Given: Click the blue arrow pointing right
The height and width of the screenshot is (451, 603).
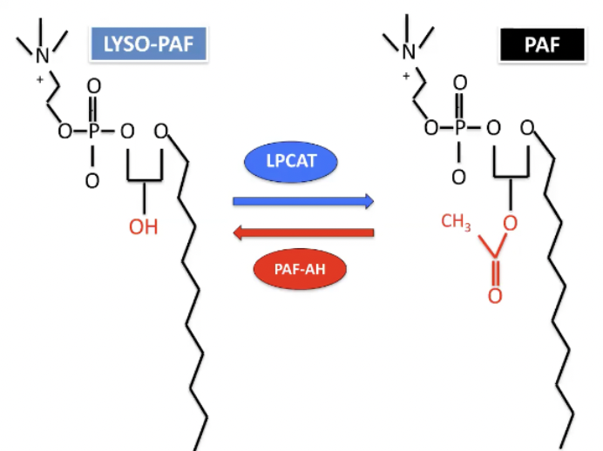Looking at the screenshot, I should pos(303,202).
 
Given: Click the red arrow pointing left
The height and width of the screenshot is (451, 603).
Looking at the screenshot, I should pos(303,232).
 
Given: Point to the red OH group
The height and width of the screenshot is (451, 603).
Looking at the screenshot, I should pos(143,228).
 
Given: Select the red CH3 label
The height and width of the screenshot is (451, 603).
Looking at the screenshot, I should pos(456,223).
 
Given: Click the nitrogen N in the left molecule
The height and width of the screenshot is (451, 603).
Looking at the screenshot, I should pos(42,54).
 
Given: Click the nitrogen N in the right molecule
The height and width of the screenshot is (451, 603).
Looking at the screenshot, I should pos(409,52).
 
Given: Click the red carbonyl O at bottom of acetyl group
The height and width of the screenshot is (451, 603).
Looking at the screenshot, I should pos(494,296).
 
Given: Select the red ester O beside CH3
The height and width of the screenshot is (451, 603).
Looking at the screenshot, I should pos(510,224).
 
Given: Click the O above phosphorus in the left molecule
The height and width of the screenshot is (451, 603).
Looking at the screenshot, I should pos(92,87).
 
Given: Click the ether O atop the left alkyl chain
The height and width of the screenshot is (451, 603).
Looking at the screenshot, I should pos(159,131).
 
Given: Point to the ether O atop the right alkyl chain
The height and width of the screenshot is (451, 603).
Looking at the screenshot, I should pos(526,130).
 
